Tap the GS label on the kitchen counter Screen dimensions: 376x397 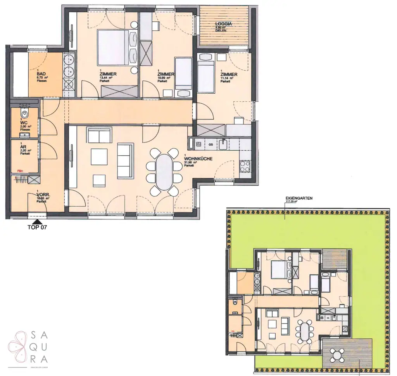211,144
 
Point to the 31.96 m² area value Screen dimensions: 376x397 192,162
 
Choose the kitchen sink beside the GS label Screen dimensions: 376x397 224,144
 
